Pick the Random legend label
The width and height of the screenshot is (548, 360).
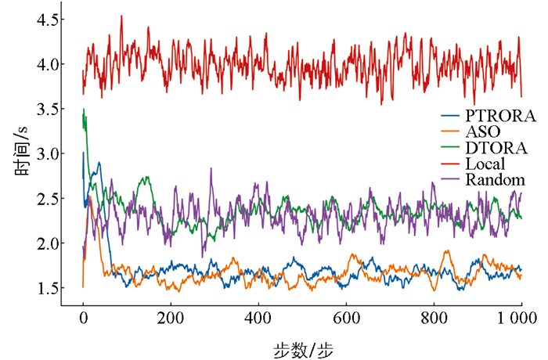(495, 181)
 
